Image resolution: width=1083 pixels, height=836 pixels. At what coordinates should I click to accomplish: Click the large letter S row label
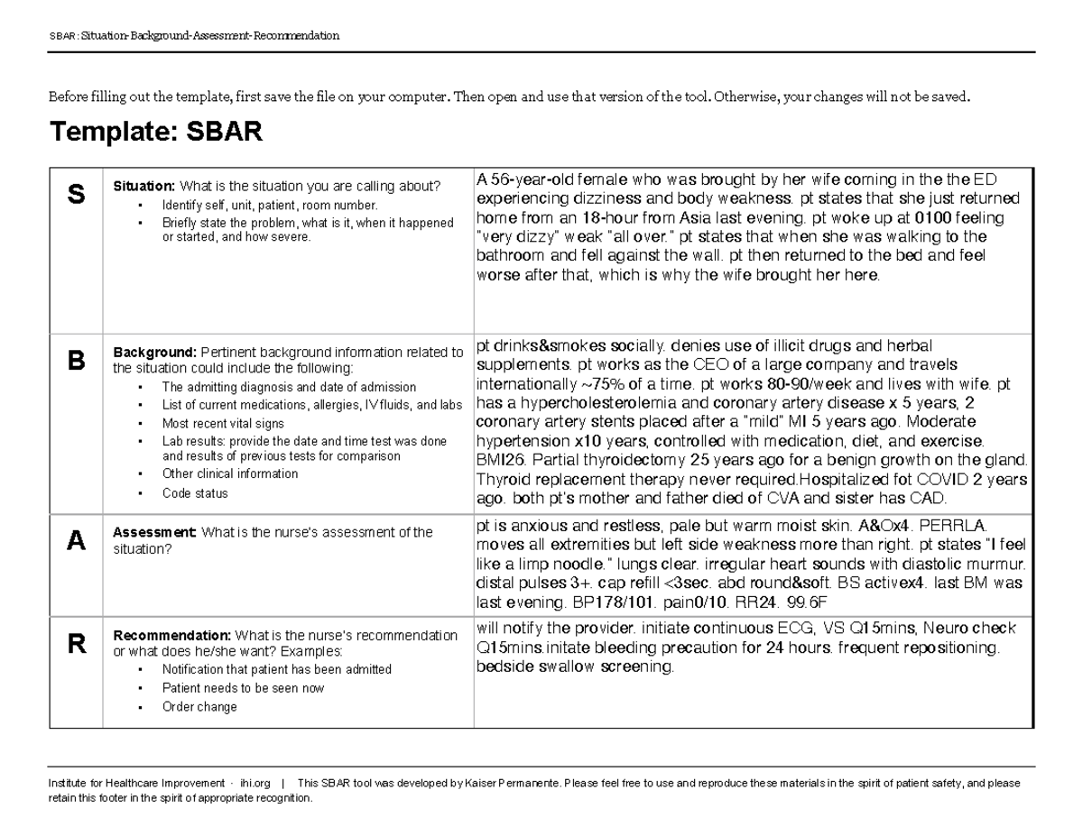pyautogui.click(x=77, y=193)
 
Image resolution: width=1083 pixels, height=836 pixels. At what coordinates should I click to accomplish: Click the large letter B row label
pyautogui.click(x=77, y=361)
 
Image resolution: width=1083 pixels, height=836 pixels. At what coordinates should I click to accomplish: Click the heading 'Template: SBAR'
pyautogui.click(x=156, y=133)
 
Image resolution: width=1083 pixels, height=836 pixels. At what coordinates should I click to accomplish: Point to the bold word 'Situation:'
pyautogui.click(x=143, y=187)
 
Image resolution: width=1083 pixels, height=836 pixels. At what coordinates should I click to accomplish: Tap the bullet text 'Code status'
pyautogui.click(x=195, y=493)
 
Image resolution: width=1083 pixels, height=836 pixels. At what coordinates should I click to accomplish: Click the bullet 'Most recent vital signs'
pyautogui.click(x=223, y=423)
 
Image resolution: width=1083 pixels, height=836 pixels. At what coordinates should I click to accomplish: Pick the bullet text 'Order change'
pyautogui.click(x=199, y=707)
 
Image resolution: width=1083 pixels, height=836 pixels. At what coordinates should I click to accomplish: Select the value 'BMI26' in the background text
pyautogui.click(x=499, y=459)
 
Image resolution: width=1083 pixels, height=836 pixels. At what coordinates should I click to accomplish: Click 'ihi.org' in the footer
pyautogui.click(x=255, y=784)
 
